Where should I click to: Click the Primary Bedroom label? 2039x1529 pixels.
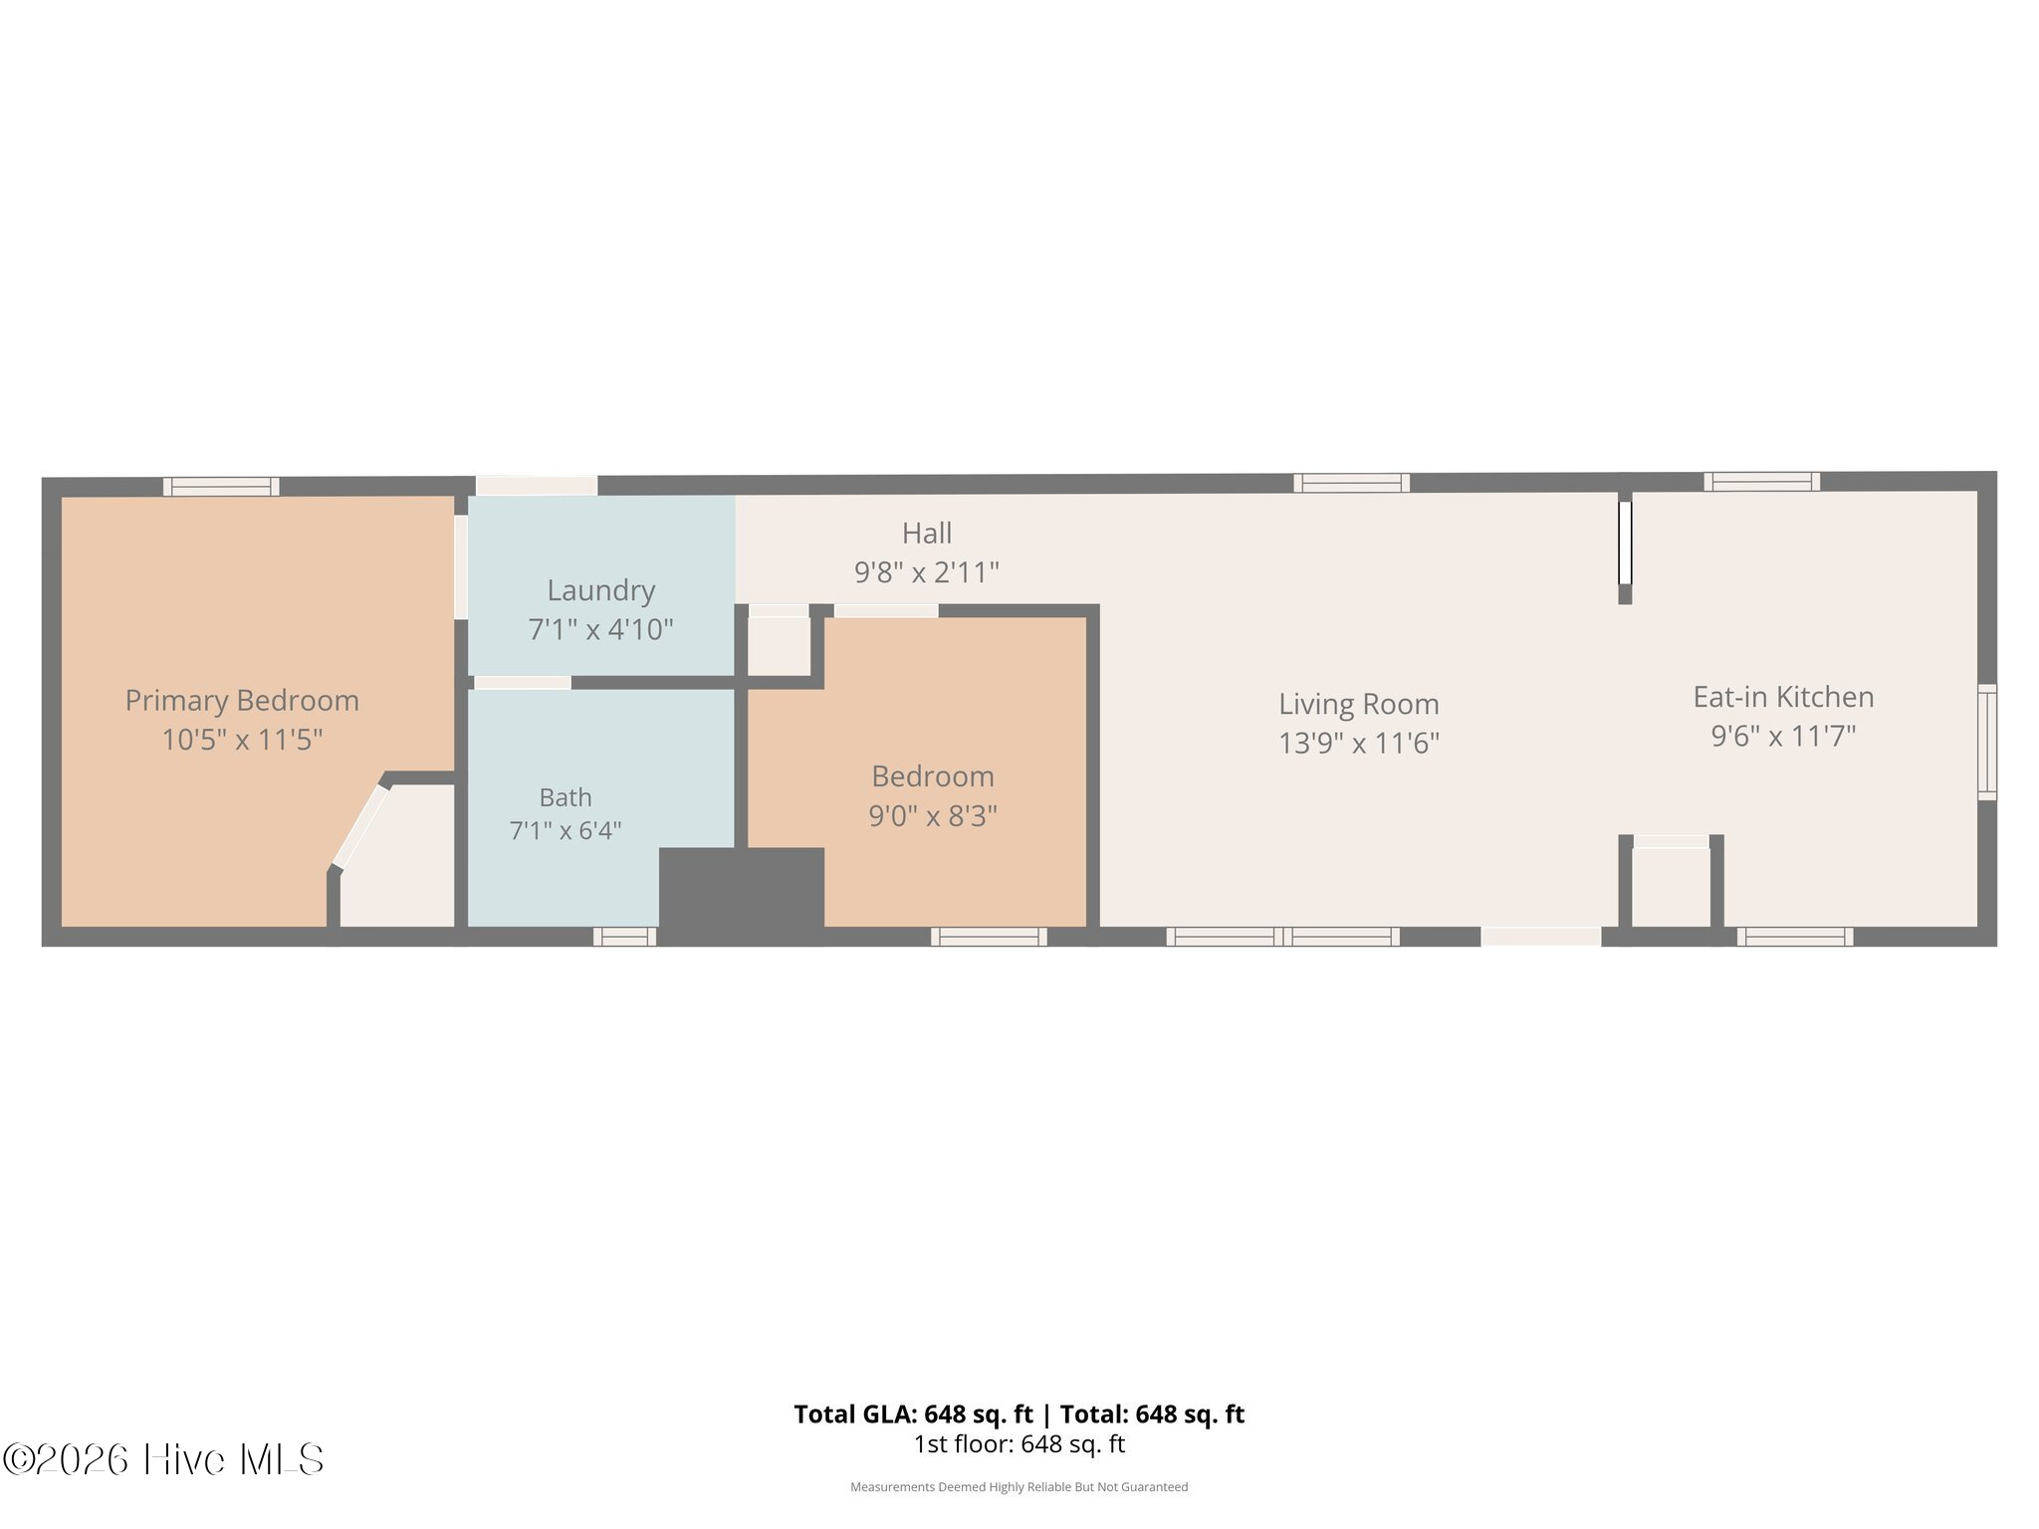(x=242, y=701)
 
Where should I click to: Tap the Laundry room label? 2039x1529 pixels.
(x=601, y=590)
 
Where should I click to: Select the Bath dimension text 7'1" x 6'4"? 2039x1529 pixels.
(x=566, y=830)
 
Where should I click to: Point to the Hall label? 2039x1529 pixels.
(x=927, y=534)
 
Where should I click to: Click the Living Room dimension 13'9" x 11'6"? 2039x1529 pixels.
(x=1359, y=743)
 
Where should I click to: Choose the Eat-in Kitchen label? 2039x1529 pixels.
(x=1783, y=697)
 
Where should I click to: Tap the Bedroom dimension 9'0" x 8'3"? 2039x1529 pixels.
(x=933, y=816)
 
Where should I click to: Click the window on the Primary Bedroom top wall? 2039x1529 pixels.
(x=221, y=487)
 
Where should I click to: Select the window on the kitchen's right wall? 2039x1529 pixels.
(x=1987, y=742)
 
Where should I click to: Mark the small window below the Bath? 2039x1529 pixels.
(x=625, y=937)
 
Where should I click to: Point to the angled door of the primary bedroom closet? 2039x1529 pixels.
(x=360, y=826)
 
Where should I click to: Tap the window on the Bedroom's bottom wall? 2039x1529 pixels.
(x=989, y=937)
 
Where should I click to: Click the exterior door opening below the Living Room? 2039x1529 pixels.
(x=1541, y=937)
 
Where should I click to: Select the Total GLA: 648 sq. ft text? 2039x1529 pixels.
(x=913, y=1415)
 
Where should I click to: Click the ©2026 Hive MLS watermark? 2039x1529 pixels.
(x=163, y=1460)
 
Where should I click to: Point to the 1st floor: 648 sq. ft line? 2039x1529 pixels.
(x=1019, y=1444)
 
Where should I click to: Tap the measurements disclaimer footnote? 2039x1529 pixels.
(x=1019, y=1487)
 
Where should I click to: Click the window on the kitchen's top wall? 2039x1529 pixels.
(x=1762, y=482)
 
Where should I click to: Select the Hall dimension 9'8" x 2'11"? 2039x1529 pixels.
(x=927, y=572)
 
